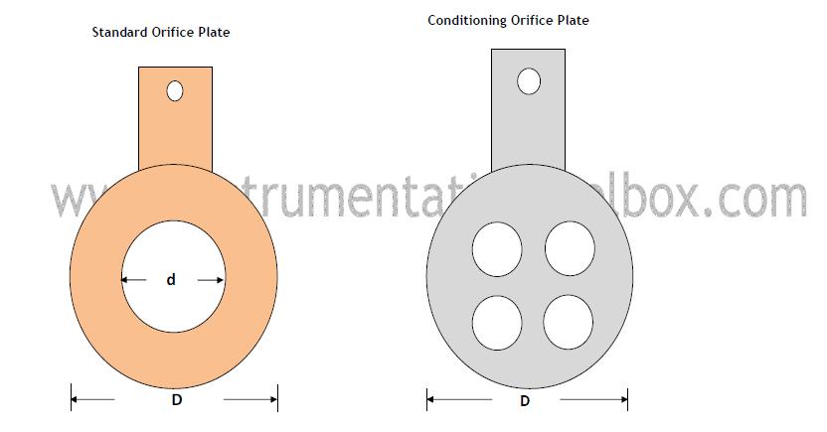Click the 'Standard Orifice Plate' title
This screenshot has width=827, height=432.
(161, 33)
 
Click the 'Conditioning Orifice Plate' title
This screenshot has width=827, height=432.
(508, 19)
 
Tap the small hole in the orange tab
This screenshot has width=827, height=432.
(175, 91)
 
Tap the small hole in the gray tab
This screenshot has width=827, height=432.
(529, 80)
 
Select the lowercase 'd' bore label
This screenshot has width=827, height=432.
(171, 281)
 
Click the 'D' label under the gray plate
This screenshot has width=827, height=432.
(524, 401)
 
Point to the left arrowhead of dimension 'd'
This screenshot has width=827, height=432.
(126, 281)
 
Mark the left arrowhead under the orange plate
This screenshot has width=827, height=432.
(76, 400)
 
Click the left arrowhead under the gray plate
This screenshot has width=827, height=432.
(431, 401)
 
